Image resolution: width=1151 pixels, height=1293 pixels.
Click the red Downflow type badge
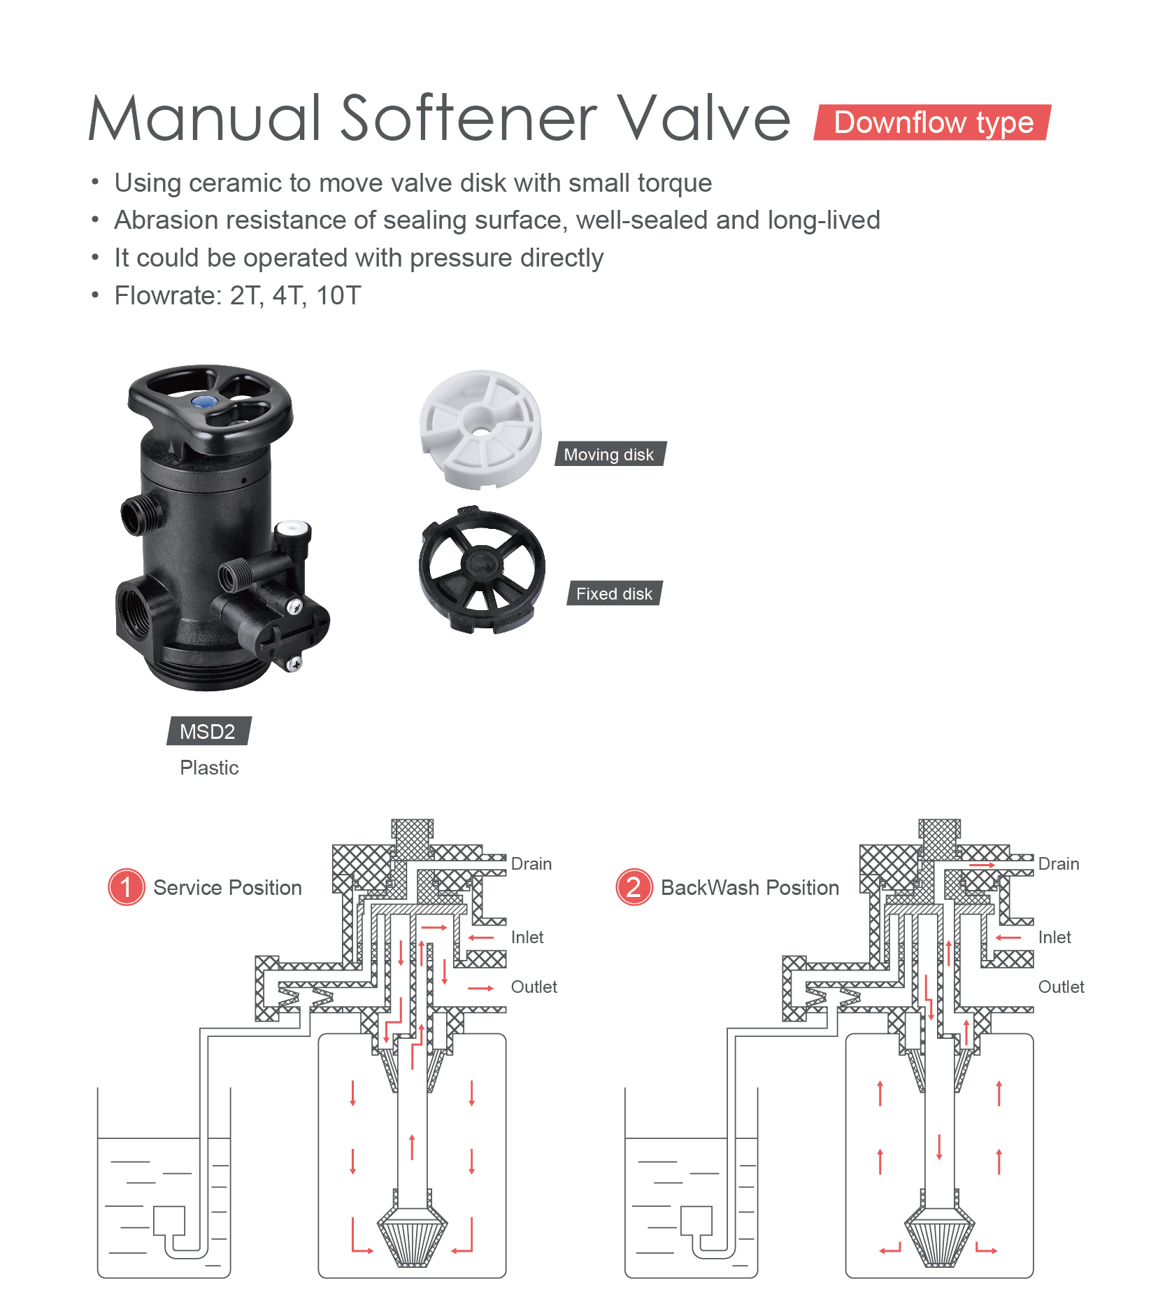[x=932, y=122]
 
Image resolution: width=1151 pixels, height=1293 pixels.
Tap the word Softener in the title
[x=469, y=118]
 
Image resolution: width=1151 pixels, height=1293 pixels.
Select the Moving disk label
[x=610, y=454]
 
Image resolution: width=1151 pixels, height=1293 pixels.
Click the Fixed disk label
[x=614, y=593]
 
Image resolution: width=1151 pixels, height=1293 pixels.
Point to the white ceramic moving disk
[x=480, y=429]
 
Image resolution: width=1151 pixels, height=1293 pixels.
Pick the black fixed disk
[x=482, y=570]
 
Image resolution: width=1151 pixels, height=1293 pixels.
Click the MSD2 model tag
[x=208, y=731]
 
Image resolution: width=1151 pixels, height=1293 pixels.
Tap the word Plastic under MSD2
[x=209, y=768]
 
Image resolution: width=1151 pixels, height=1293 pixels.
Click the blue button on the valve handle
[x=204, y=401]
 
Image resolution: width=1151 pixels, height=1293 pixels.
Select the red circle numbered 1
[x=127, y=887]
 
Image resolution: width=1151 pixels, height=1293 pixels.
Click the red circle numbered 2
[x=634, y=887]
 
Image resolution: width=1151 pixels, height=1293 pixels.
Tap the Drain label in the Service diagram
[x=531, y=864]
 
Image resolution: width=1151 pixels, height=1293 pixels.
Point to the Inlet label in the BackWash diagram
[x=1055, y=938]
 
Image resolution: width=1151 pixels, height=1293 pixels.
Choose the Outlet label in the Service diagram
[x=534, y=987]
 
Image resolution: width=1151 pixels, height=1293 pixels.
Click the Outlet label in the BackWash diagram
[x=1061, y=987]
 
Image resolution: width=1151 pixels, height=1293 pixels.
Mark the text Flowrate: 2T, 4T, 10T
[x=238, y=295]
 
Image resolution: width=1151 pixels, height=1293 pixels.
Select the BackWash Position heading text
[x=750, y=887]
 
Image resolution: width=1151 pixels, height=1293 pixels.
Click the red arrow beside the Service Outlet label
[x=481, y=988]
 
